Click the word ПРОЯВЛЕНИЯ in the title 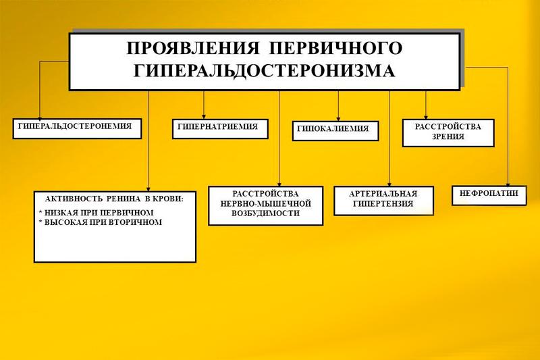tap(192, 48)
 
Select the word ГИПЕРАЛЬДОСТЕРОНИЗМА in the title tap(264, 71)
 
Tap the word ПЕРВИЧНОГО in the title tap(335, 48)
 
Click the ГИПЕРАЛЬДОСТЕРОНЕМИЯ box tap(77, 128)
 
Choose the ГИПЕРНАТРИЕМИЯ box tap(220, 129)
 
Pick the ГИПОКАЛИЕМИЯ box tap(335, 131)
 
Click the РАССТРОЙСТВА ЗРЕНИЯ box tap(448, 133)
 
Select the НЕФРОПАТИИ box tap(489, 196)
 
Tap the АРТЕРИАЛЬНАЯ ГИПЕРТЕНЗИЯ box tap(383, 201)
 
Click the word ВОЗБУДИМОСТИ tap(265, 213)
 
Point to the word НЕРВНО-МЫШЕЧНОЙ tap(265, 203)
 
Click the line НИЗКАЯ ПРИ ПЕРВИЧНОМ tap(97, 213)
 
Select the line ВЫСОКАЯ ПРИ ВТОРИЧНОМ tap(100, 222)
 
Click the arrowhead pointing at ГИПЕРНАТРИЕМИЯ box tap(204, 117)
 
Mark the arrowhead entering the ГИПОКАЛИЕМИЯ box tap(338, 119)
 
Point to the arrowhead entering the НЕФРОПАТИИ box tap(508, 184)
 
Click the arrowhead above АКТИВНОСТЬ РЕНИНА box tap(148, 189)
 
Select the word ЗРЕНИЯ tap(448, 136)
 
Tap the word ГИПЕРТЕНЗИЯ tap(383, 203)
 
